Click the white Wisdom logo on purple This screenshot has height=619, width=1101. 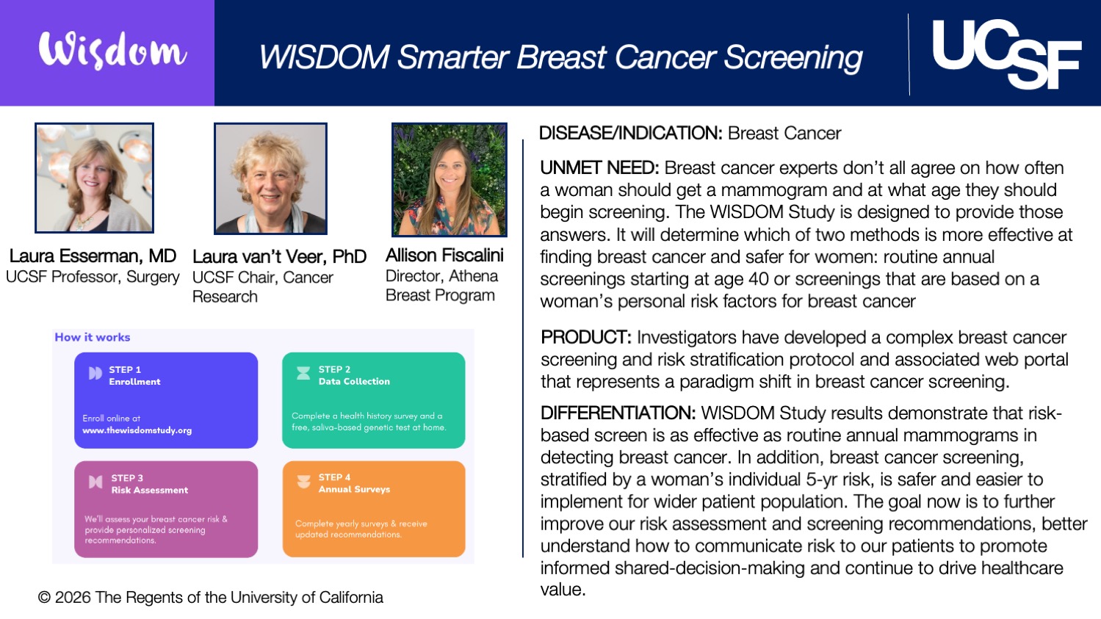pos(112,51)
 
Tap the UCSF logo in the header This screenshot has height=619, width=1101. pos(1006,54)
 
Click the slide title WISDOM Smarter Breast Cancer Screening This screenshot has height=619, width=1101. pos(560,57)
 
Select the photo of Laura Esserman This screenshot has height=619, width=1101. pos(94,178)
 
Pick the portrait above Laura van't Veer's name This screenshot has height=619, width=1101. pos(270,178)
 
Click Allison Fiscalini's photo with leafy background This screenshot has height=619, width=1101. pos(450,180)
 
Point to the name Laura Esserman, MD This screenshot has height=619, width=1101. pos(93,256)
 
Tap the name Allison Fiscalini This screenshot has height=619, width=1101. pos(444,255)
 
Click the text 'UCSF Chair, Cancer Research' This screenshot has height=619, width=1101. pos(262,286)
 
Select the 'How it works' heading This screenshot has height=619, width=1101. pos(93,337)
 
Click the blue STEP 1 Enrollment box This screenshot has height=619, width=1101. pos(166,400)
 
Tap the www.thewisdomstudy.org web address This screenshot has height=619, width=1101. pos(137,430)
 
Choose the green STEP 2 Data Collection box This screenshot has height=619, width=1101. pos(374,400)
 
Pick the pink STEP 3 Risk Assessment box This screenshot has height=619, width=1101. pos(166,509)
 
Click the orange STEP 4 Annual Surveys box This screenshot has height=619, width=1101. pos(374,509)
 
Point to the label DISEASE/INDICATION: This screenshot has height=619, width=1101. pos(631,133)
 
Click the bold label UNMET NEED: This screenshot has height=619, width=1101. pos(599,167)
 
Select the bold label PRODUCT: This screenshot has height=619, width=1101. pos(586,337)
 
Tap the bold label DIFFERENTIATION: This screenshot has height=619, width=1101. pos(618,413)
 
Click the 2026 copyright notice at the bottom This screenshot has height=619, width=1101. pos(211,597)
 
